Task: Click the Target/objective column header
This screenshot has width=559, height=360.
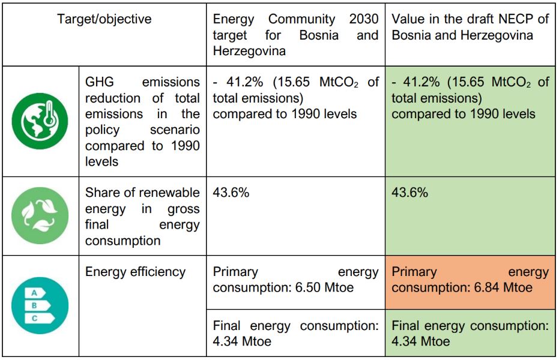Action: point(104,19)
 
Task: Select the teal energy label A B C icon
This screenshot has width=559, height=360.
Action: point(40,305)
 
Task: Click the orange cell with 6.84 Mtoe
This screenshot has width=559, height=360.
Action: point(470,280)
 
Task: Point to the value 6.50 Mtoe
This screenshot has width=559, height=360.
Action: point(324,287)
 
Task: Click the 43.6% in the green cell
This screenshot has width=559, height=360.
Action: point(410,193)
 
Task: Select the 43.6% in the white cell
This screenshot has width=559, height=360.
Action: point(231,193)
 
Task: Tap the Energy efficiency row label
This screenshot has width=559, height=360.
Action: point(135,272)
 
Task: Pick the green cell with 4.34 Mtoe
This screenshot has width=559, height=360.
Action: point(470,334)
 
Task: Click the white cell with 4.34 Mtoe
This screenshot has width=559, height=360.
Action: point(295,334)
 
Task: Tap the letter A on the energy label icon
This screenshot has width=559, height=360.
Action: point(34,293)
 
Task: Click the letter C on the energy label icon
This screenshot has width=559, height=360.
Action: point(34,318)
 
